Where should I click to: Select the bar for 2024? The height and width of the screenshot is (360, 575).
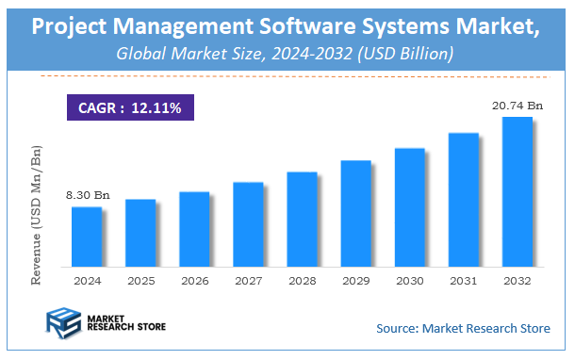point(87,236)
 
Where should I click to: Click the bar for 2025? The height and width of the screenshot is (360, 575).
point(140,232)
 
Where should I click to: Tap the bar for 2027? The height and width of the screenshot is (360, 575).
point(248,223)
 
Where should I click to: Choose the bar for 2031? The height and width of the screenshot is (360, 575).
point(463,199)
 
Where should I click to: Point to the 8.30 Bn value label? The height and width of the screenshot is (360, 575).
point(87,195)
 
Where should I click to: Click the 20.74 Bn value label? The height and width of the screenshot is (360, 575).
point(517,106)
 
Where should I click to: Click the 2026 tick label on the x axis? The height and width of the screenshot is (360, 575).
point(194,281)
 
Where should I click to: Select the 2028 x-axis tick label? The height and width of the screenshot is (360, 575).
point(302,281)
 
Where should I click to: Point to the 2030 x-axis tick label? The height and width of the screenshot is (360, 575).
point(409,281)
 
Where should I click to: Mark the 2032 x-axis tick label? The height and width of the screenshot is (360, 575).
point(517,281)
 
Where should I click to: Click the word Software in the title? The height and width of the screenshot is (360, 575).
point(312,25)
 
